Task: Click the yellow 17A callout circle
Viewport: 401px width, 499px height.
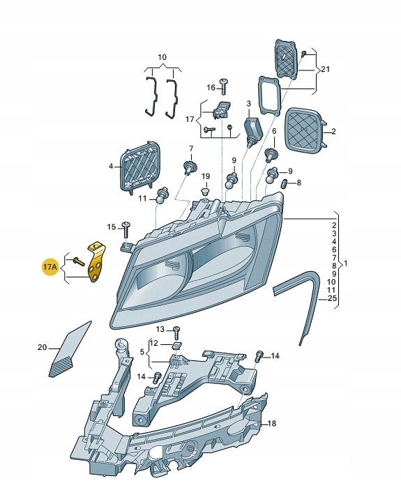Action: coord(50,267)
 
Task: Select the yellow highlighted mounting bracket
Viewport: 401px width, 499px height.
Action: coord(96,263)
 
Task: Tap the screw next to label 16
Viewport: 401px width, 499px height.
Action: coord(224,86)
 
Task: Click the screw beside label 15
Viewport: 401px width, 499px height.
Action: coord(126,229)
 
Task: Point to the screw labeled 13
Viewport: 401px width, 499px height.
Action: coord(176,332)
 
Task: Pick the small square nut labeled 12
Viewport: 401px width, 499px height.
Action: coord(175,345)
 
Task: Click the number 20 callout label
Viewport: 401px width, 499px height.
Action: coord(42,347)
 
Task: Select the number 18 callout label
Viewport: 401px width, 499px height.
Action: coord(272,423)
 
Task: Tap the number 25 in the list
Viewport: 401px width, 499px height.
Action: coord(332,298)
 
